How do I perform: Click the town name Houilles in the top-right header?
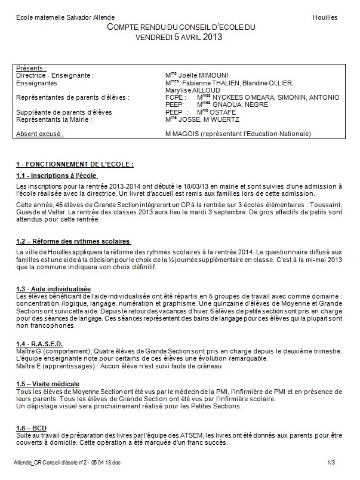pyautogui.click(x=325, y=18)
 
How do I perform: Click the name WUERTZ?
pyautogui.click(x=239, y=119)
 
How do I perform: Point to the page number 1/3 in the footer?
pyautogui.click(x=331, y=463)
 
